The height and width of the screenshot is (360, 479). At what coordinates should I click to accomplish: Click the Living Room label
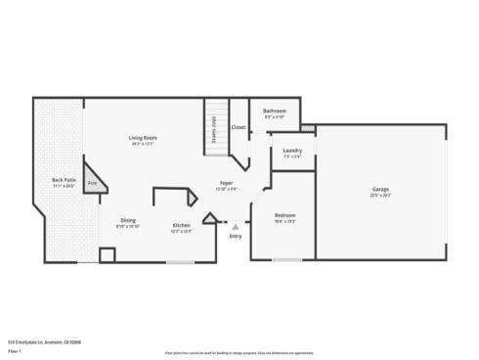[x=144, y=137]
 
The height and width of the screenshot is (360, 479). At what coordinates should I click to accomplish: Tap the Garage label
[x=380, y=188]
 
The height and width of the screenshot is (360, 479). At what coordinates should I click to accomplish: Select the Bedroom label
[x=284, y=214]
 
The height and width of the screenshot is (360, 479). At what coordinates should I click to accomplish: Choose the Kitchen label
[x=181, y=225]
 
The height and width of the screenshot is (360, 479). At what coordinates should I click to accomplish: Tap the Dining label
[x=128, y=220]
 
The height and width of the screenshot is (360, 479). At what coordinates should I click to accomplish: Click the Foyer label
[x=226, y=183]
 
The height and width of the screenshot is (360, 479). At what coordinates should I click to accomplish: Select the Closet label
[x=239, y=127]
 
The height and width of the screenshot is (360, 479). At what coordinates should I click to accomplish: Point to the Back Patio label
[x=64, y=180]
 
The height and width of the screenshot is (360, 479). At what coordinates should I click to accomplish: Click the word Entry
[x=236, y=236]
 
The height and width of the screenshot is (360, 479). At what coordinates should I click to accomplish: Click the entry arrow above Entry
[x=235, y=226]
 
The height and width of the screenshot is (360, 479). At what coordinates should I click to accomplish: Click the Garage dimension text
[x=380, y=195]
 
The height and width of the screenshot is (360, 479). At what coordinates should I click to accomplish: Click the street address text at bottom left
[x=45, y=341]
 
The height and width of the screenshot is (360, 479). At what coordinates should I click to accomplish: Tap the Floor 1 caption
[x=15, y=349]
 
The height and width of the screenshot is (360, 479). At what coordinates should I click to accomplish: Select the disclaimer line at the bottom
[x=239, y=349]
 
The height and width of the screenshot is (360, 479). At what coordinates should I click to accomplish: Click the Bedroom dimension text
[x=284, y=220]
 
